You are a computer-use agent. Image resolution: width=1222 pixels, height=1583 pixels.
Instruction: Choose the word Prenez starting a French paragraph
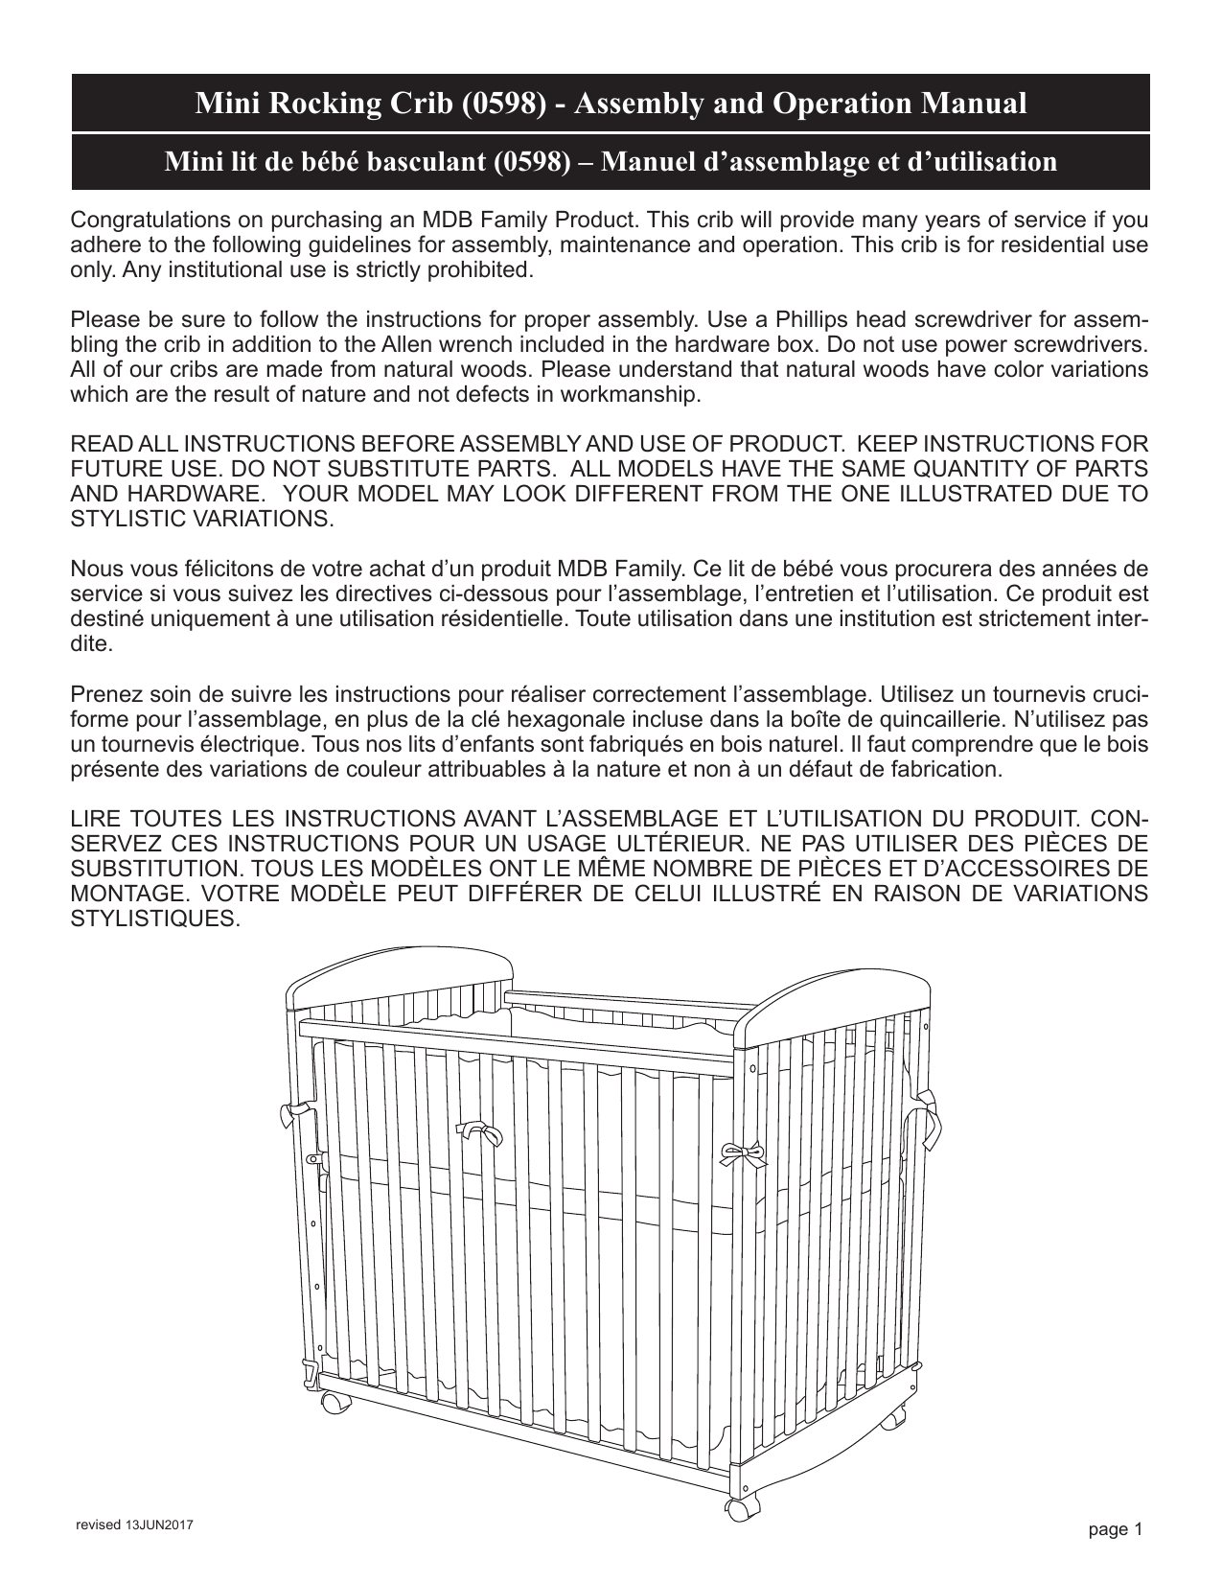(x=103, y=693)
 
